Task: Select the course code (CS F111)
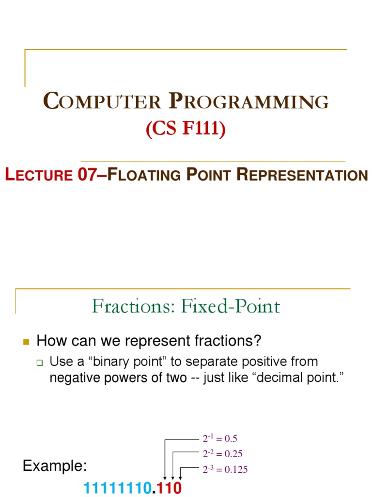click(186, 130)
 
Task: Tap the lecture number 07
click(88, 175)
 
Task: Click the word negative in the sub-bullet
click(72, 378)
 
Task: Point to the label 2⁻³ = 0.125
click(225, 470)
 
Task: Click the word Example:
click(55, 467)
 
